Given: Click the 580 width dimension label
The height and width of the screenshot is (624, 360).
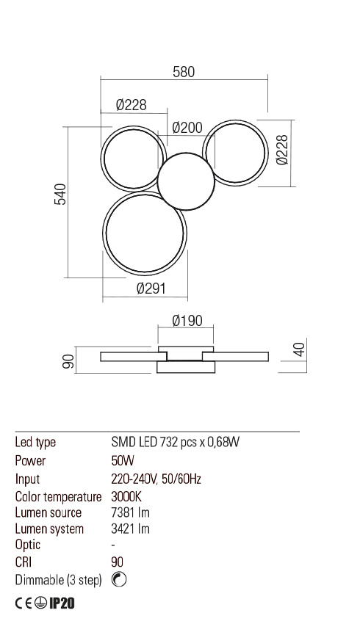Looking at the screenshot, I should coord(184,72).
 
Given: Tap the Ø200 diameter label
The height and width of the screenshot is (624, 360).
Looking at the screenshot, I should coord(187,128).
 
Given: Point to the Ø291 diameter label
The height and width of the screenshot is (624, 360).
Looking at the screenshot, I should coord(151,289).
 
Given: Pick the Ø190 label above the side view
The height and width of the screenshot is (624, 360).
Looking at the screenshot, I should coord(187,322).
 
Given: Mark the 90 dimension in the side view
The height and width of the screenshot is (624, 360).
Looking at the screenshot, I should coord(67,361).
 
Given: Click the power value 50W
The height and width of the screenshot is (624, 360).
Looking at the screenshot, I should coord(121,461).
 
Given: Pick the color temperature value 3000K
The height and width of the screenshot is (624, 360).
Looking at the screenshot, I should coord(126,496).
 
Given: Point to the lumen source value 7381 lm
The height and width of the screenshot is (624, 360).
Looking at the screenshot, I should coord(130,512).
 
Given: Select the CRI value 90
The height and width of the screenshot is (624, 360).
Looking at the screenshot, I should coord(118,562).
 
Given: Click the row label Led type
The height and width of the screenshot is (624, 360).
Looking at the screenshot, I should coord(35,443).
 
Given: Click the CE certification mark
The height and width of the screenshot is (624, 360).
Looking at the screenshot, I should coord(24,604).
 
